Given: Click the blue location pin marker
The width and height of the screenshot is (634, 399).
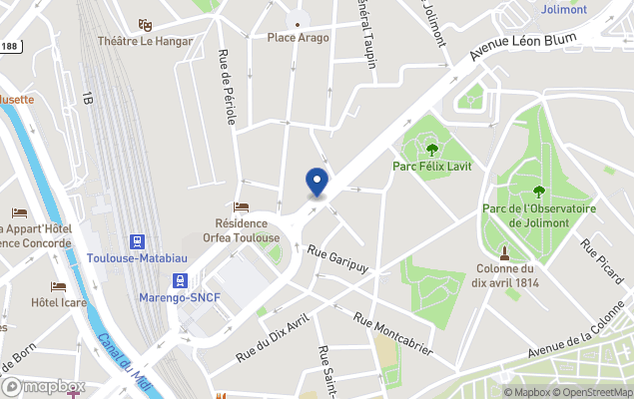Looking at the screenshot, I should tap(317, 183).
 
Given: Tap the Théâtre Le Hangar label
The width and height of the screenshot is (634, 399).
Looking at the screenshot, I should tap(145, 41).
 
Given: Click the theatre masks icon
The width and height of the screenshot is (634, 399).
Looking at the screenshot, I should tap(145, 24).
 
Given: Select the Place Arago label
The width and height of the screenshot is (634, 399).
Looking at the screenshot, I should tap(298, 37).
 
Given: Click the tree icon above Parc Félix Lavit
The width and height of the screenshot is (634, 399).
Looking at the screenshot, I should tap(432, 149).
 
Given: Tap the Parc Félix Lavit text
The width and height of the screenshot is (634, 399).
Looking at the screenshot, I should tap(432, 166).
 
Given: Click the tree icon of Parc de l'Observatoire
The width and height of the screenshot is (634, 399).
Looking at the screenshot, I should tap(539, 192).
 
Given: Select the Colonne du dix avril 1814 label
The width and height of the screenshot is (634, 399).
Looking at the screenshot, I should tap(504, 275).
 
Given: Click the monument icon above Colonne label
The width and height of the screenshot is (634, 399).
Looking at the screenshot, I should tap(504, 252).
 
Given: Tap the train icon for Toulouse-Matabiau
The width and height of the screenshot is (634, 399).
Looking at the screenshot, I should tap(136, 241).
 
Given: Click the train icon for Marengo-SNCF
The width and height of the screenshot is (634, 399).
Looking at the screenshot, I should tap(180, 281).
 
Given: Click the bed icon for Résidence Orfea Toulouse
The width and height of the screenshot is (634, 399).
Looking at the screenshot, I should tap(241, 206).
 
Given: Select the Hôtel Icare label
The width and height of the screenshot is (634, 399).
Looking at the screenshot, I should tap(58, 302).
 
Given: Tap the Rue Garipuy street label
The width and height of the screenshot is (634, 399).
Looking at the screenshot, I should tap(338, 258).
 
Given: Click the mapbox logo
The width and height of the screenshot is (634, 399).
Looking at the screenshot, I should tap(42, 386).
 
